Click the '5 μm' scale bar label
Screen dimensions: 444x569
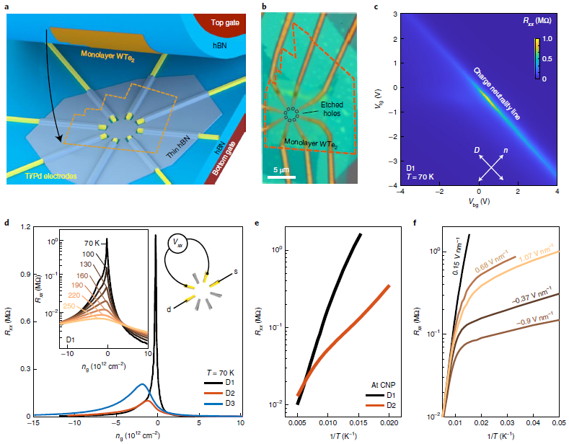click(x=275, y=170)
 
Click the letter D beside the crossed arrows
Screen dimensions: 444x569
click(x=477, y=148)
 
